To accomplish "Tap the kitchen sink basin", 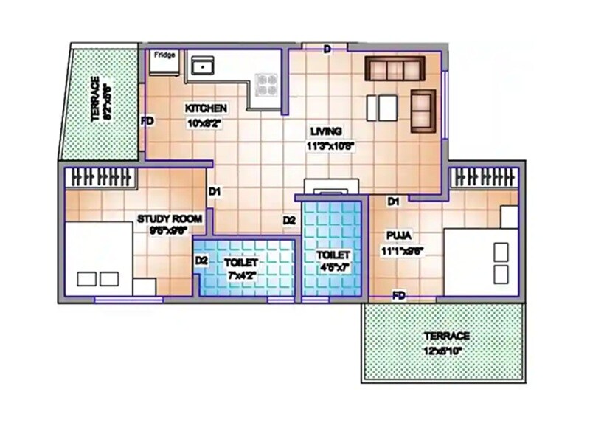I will point(200,66).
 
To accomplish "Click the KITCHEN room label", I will point(206,108).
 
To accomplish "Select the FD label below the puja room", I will point(399,295).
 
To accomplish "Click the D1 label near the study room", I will point(215,192).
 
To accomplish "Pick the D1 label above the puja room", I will point(393,201).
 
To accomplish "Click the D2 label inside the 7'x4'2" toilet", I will point(201,261).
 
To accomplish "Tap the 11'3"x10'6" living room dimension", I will point(331,145).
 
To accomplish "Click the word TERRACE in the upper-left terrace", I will point(95,98).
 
